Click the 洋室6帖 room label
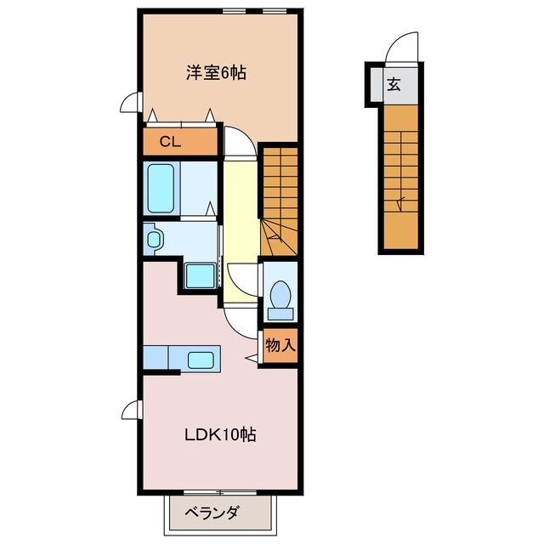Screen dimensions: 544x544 point(217,73)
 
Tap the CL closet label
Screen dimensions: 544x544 point(170,142)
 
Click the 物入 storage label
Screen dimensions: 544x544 point(280,345)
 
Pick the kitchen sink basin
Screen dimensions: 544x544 point(201,360)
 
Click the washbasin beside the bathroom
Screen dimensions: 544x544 point(153,238)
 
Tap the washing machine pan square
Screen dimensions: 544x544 point(201,276)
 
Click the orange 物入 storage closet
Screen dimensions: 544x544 point(280,345)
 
